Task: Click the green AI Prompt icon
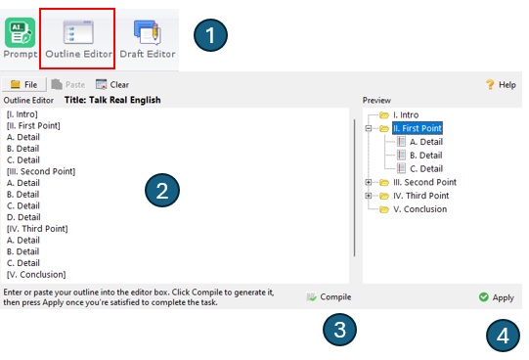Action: (x=20, y=32)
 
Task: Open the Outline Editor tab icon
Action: (x=78, y=32)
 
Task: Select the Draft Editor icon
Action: (x=148, y=32)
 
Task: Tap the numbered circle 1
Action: (x=210, y=35)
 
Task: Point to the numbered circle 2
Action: (x=162, y=191)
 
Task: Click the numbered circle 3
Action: (x=339, y=330)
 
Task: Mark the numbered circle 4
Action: (x=503, y=336)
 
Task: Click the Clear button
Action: (x=112, y=85)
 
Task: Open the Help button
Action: (x=501, y=85)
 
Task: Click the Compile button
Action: (x=329, y=297)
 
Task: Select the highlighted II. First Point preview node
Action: (x=418, y=128)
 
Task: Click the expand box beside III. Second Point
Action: (x=369, y=182)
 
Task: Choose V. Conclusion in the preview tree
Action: (x=420, y=209)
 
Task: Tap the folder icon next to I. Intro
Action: (x=384, y=115)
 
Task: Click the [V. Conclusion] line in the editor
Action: (x=36, y=275)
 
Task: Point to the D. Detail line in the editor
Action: (x=23, y=217)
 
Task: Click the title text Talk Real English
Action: (x=125, y=100)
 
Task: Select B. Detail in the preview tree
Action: (x=425, y=156)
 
